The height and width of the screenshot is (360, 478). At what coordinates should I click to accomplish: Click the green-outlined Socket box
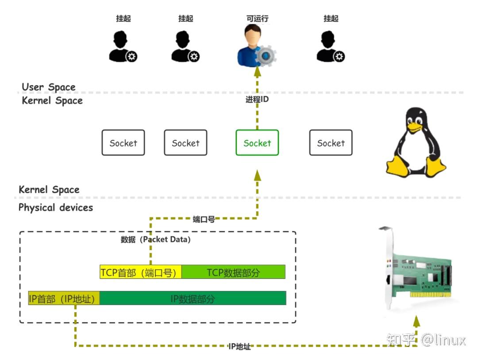[x=257, y=143]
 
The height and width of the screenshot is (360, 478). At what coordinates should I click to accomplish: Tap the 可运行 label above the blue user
[x=257, y=19]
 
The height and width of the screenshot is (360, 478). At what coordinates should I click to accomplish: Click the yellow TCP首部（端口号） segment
[x=141, y=272]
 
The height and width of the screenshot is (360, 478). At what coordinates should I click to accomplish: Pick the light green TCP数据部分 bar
[x=233, y=272]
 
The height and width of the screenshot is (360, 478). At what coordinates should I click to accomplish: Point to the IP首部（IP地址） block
[x=64, y=299]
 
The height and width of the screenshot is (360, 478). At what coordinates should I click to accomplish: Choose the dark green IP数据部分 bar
[x=193, y=299]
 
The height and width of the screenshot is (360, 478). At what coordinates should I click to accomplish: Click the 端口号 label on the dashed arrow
[x=204, y=219]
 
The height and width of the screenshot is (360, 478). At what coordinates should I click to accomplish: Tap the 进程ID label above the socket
[x=257, y=100]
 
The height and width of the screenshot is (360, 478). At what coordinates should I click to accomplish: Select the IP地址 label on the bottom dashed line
[x=239, y=347]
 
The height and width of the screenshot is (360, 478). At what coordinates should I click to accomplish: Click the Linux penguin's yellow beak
[x=414, y=128]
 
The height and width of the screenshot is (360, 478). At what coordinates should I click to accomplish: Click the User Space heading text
[x=49, y=87]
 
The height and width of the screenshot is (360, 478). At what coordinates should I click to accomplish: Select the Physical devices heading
[x=56, y=207]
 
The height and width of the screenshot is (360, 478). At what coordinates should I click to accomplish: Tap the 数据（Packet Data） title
[x=155, y=240]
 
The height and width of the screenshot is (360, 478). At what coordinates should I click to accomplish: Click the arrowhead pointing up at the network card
[x=416, y=321]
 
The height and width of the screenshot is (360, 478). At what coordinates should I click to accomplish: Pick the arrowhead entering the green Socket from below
[x=257, y=175]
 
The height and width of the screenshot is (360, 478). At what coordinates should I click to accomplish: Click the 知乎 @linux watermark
[x=426, y=340]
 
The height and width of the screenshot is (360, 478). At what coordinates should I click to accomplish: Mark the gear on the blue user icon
[x=266, y=56]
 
